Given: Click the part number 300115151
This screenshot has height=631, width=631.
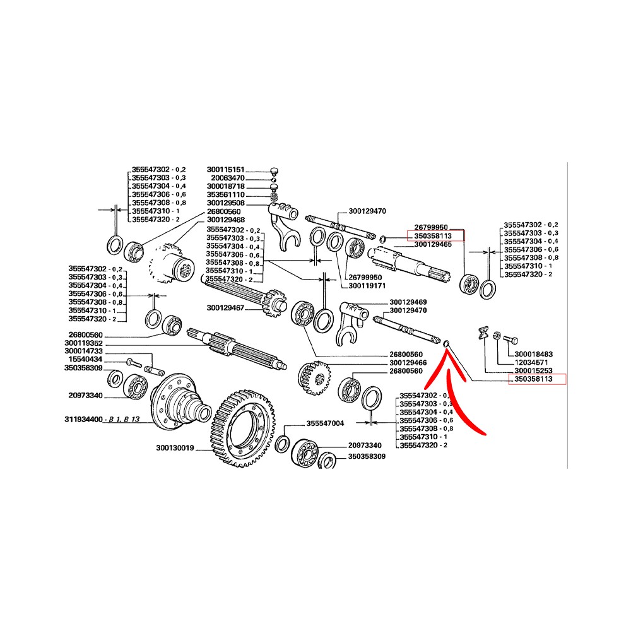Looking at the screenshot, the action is (x=225, y=170).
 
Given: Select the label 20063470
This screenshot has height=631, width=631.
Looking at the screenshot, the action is (x=228, y=178).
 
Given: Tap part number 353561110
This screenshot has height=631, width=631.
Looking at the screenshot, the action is (x=225, y=195).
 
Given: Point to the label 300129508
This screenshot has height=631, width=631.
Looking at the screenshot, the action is (x=225, y=203).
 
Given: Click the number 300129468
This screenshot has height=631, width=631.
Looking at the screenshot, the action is (x=226, y=220).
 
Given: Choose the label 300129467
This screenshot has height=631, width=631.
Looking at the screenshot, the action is (x=225, y=309).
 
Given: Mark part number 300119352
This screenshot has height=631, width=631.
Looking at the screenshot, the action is (x=83, y=343).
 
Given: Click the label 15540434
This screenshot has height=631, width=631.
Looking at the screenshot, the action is (x=85, y=360).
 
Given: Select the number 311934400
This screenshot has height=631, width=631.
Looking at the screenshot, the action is (x=83, y=420).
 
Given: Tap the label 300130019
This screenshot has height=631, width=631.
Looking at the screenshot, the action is (x=175, y=448).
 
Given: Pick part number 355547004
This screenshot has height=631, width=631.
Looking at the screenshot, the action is (x=325, y=423).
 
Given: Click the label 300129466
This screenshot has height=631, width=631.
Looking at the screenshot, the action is (x=408, y=363).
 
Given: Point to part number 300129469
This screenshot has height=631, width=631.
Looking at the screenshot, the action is (x=408, y=302).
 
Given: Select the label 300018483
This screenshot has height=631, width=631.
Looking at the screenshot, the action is (x=534, y=354).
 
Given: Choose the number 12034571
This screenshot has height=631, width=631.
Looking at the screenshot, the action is (x=531, y=363).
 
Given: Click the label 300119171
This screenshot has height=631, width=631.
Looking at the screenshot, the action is (x=367, y=286).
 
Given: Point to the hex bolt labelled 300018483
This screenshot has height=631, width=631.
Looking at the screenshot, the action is (x=509, y=339).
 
